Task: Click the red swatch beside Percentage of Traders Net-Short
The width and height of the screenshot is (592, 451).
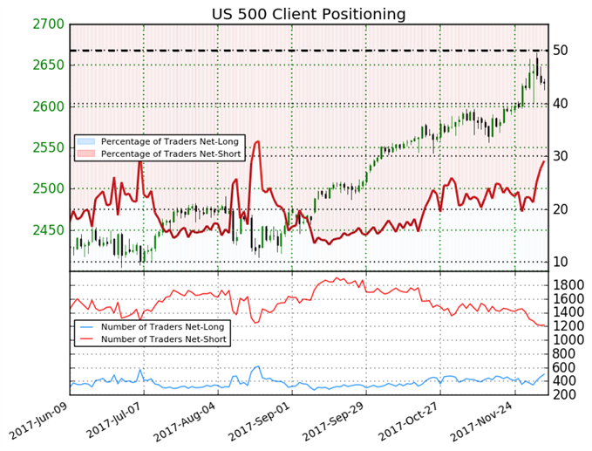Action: click(x=85, y=154)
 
